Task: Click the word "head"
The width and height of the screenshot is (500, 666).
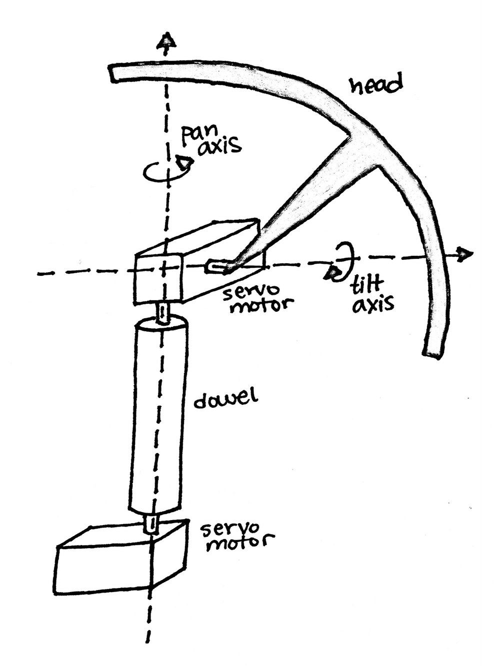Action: click(x=375, y=85)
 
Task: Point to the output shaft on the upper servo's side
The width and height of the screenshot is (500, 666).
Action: click(x=216, y=267)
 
